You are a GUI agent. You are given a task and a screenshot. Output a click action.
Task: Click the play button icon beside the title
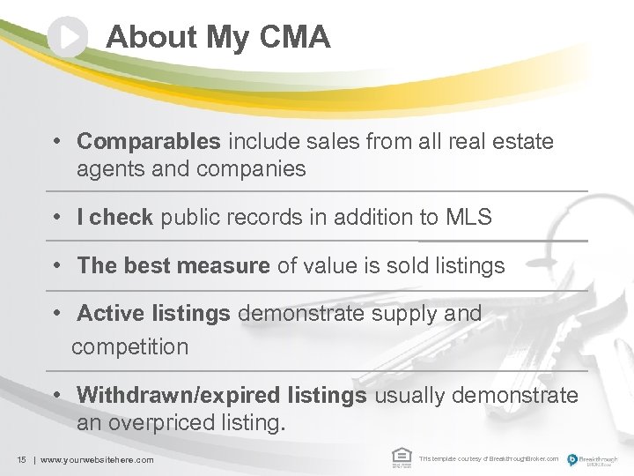point(68,37)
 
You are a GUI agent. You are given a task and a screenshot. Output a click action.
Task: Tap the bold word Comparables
point(149,141)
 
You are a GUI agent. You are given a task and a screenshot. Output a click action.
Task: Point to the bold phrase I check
point(114,217)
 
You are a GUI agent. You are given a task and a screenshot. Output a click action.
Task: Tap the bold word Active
point(107,313)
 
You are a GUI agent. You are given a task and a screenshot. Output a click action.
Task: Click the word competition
point(129,346)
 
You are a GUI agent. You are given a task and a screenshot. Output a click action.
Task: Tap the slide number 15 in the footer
point(20,459)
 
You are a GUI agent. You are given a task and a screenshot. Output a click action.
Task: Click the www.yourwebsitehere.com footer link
point(97,459)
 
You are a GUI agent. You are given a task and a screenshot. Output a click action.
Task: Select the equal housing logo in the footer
point(401,457)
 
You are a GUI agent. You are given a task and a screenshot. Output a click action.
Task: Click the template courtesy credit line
point(488,459)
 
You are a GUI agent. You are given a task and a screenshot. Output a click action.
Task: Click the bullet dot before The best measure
point(55,265)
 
